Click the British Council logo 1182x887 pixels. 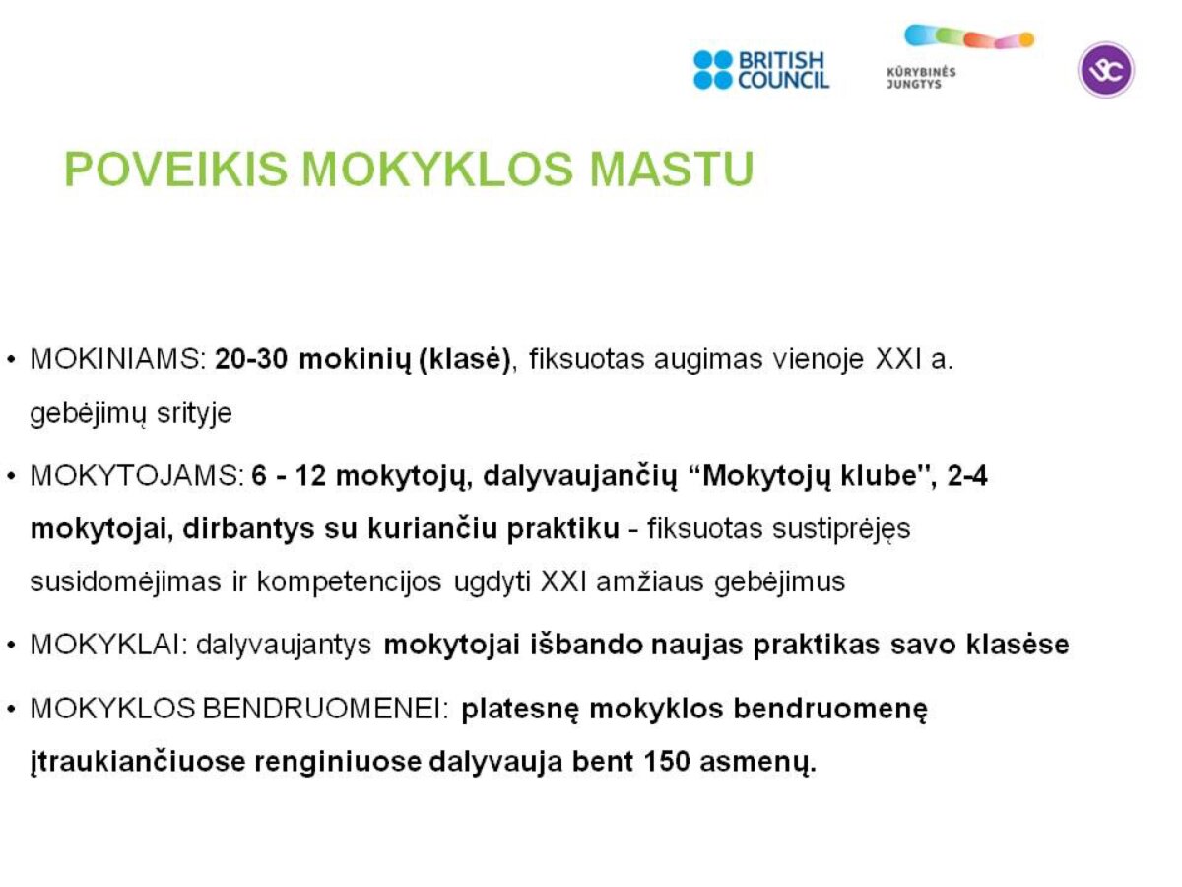click(760, 70)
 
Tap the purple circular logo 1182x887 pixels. click(1105, 70)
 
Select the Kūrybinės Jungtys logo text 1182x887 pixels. click(921, 78)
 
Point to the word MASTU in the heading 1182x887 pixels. click(672, 170)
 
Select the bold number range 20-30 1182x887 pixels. click(251, 359)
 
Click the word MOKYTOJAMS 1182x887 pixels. click(137, 476)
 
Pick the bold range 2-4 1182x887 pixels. click(967, 476)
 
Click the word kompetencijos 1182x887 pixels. click(349, 582)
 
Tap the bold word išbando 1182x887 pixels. click(586, 645)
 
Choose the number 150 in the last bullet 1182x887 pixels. click(667, 761)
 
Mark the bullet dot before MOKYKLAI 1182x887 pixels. click(12, 646)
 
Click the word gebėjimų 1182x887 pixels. click(88, 414)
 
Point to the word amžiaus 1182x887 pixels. click(650, 582)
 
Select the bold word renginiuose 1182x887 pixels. click(338, 762)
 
